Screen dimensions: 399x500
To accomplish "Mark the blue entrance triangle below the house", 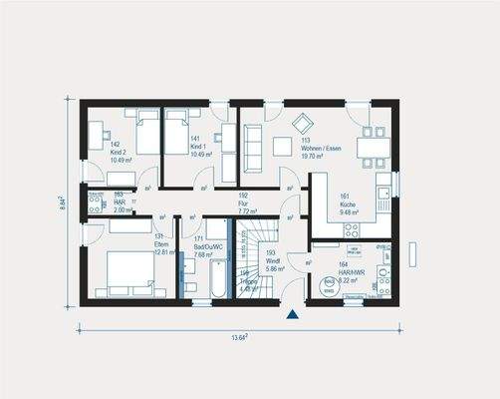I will [292, 315].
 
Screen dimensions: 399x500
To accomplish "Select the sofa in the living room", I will [250, 147].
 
